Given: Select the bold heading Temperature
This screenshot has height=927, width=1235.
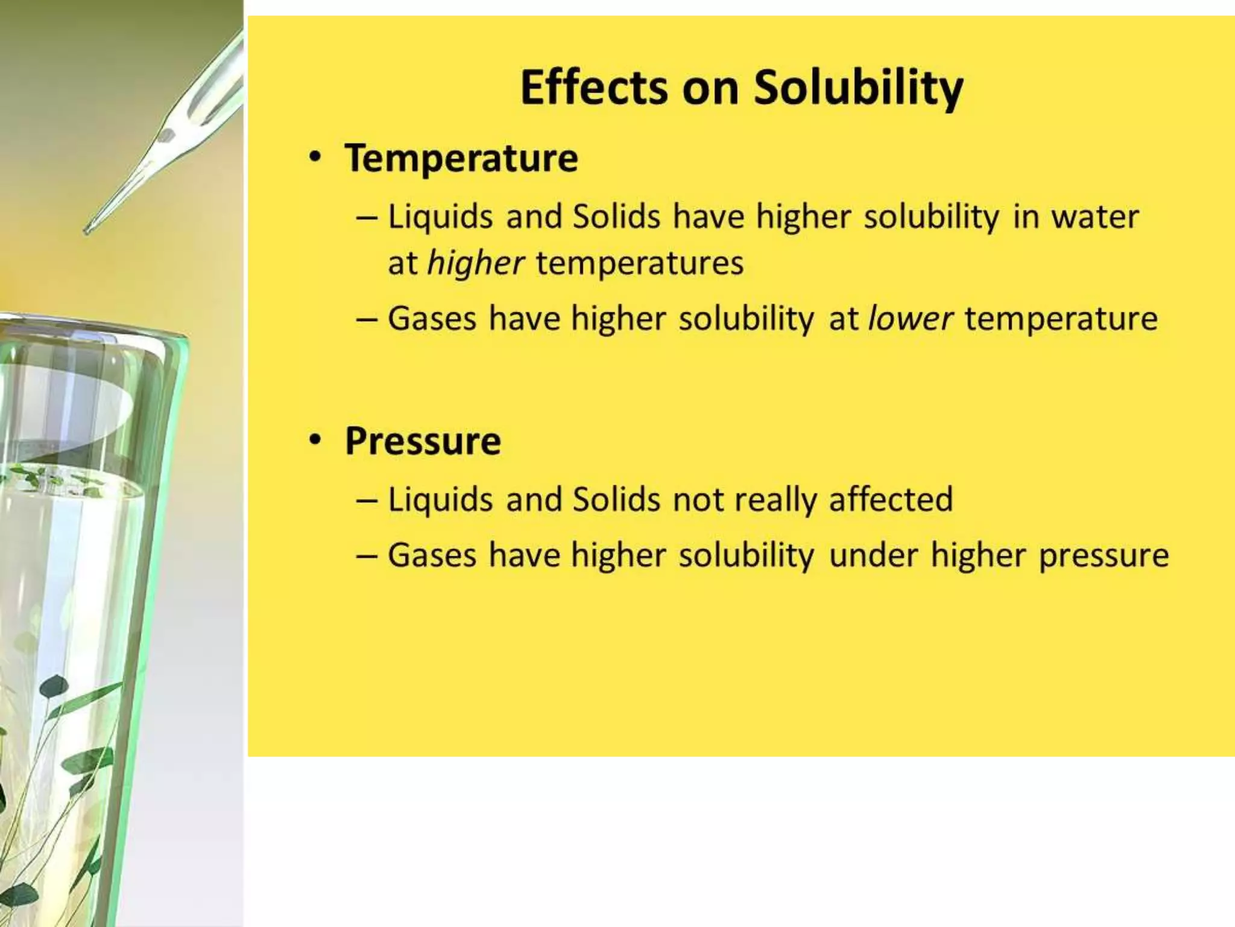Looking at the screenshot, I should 461,158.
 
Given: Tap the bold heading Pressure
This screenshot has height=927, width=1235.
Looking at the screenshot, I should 423,441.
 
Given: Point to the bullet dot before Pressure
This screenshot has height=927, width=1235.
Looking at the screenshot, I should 315,441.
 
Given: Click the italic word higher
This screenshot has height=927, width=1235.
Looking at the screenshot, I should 476,264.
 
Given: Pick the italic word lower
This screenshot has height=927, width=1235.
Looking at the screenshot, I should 911,319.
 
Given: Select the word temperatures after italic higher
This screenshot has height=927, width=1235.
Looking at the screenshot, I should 640,264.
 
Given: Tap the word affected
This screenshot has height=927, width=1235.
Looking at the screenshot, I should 891,500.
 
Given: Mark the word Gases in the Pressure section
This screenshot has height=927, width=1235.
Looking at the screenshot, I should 432,555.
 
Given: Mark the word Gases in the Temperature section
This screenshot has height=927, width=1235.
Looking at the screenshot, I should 432,319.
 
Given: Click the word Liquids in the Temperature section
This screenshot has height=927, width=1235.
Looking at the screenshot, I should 440,217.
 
